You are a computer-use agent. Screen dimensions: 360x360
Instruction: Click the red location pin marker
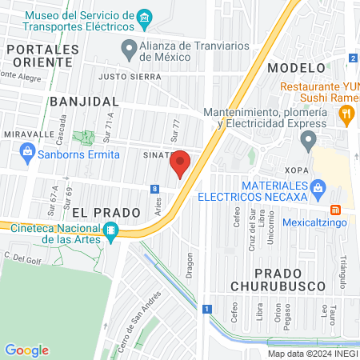pyautogui.click(x=181, y=163)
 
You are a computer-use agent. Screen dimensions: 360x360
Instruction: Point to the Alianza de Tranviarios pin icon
pyautogui.click(x=128, y=49)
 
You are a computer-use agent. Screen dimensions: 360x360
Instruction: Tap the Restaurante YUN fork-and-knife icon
pyautogui.click(x=346, y=114)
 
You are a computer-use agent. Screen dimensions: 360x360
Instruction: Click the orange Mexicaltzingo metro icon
pyautogui.click(x=337, y=210)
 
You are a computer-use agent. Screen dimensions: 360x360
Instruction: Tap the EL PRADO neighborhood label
pyautogui.click(x=100, y=213)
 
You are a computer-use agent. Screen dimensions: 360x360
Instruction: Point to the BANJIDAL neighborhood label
pyautogui.click(x=84, y=102)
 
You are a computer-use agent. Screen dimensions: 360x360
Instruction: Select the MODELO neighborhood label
pyautogui.click(x=297, y=68)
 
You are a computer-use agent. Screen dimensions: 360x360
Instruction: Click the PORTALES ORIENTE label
pyautogui.click(x=42, y=56)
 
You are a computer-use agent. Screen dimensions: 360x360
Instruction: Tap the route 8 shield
pyautogui.click(x=154, y=189)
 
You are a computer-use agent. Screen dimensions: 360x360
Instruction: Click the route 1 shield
pyautogui.click(x=206, y=309)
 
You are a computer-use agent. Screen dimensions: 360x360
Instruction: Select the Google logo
pyautogui.click(x=26, y=350)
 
